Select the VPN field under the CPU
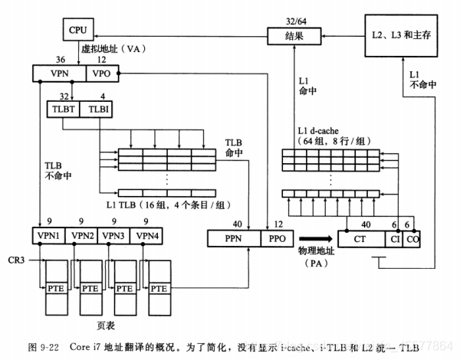point(59,74)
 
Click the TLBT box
point(63,110)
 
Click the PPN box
point(232,239)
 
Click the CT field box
point(360,239)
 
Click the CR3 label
point(17,260)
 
